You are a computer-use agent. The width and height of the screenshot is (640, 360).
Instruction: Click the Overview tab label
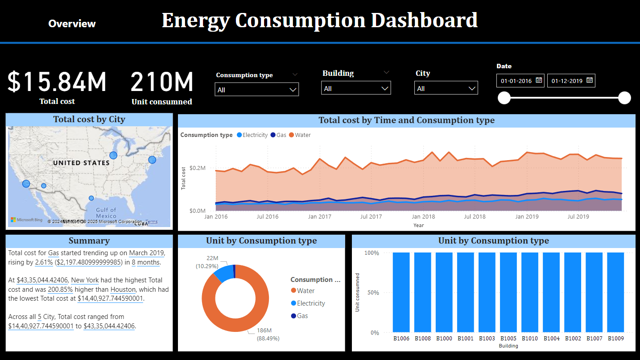(x=72, y=24)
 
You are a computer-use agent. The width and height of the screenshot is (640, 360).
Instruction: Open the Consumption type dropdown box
(x=256, y=90)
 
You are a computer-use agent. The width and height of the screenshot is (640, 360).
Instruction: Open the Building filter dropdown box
(x=355, y=88)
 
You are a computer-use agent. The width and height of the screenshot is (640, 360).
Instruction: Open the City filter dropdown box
(x=446, y=88)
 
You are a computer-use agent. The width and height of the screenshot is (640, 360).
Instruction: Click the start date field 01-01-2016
(x=516, y=81)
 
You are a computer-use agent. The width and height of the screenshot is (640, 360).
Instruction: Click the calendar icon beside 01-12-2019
(x=590, y=80)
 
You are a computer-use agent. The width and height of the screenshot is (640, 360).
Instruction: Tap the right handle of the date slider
(x=624, y=98)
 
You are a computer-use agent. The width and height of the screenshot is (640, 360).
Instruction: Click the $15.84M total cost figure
(x=57, y=82)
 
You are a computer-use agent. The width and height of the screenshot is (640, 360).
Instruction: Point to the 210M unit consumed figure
(x=162, y=82)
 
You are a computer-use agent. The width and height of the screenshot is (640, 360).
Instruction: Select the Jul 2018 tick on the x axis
(x=475, y=217)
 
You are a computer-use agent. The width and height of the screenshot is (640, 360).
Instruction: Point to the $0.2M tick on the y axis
(x=197, y=168)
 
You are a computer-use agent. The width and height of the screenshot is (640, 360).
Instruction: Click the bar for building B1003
(x=487, y=292)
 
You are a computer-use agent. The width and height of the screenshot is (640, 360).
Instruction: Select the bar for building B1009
(x=615, y=292)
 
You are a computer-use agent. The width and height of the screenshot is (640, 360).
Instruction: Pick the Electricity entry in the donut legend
(x=311, y=303)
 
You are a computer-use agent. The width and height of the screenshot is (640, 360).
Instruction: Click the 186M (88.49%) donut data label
(x=268, y=334)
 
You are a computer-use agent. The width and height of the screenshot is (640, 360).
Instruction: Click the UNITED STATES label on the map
(x=81, y=163)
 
